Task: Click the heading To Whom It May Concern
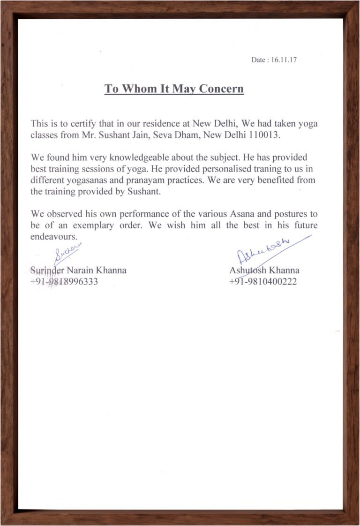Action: (x=174, y=89)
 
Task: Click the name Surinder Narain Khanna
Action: (x=78, y=271)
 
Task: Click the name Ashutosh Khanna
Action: (x=264, y=271)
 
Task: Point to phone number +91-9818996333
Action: (x=64, y=282)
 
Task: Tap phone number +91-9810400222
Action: (x=263, y=282)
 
